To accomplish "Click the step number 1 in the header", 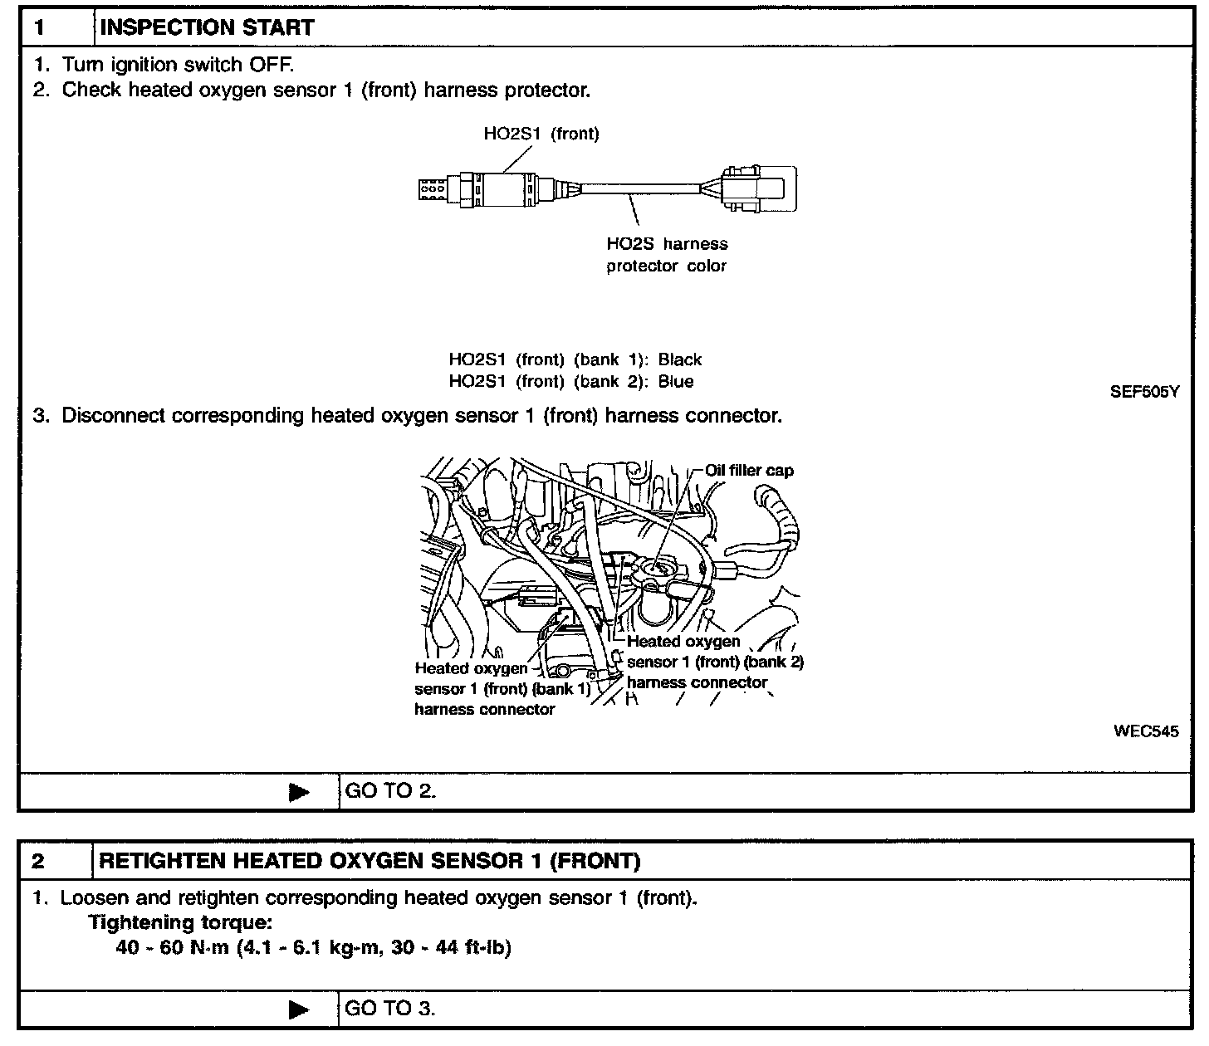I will pos(40,27).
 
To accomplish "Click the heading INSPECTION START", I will pos(207,27).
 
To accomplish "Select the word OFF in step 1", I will pos(270,64).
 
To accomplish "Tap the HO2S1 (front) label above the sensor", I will pos(541,134).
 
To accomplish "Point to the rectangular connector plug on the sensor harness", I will pos(757,188).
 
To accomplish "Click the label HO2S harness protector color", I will pos(667,255).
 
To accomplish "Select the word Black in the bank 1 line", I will pos(679,359).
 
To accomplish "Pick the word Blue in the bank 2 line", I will pos(675,382).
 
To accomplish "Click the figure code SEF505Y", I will pos(1144,392).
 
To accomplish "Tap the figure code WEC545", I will pos(1146,731).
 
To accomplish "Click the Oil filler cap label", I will pos(749,471).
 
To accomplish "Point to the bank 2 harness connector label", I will pos(714,662).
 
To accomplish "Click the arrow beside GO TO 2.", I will pos(298,792).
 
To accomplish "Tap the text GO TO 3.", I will pos(389,1009).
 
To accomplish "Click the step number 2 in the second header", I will pos(39,861).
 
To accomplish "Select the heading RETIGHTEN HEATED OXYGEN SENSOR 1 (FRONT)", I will pos(370,861).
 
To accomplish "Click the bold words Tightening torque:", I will pos(180,922).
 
